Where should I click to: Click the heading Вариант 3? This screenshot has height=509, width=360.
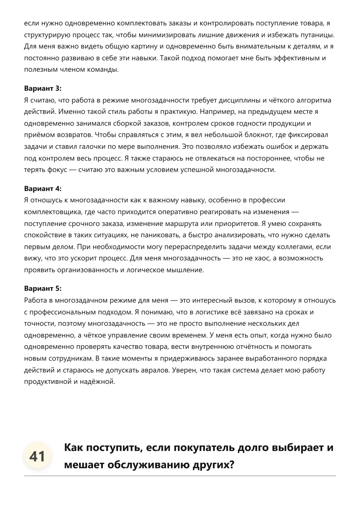[43, 88]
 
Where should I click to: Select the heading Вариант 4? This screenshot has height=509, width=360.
[43, 188]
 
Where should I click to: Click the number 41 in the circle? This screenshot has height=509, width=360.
[37, 456]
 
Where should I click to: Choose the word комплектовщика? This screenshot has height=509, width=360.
[53, 212]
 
